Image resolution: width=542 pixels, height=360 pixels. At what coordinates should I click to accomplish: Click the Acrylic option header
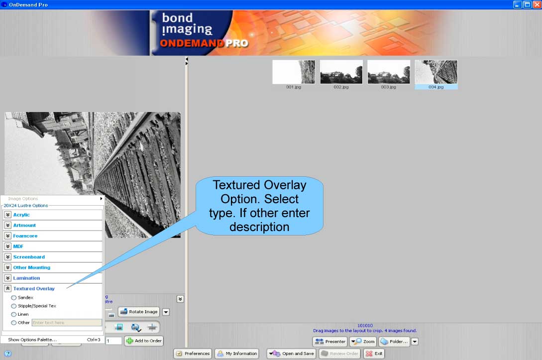pos(21,215)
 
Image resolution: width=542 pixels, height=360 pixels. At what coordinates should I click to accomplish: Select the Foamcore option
pos(25,236)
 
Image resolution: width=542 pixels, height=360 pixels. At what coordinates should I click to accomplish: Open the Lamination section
pos(26,278)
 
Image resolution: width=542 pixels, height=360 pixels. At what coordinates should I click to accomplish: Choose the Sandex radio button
pos(14,298)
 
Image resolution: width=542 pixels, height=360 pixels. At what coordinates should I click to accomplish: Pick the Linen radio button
pos(14,315)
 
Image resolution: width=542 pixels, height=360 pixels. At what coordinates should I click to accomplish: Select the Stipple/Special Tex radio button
pos(14,306)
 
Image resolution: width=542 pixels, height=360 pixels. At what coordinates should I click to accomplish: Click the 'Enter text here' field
pos(66,323)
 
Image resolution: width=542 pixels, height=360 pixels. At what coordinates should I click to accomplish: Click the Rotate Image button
pos(138,312)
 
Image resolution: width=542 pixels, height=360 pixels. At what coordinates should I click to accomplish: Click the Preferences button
pos(193,354)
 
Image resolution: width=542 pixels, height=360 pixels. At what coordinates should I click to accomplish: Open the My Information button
pos(236,354)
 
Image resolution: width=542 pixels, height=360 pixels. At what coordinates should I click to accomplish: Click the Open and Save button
pos(292,354)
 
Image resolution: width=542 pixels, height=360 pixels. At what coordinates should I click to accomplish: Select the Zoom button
pos(363,342)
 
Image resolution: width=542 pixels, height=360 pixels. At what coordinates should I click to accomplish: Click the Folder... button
pos(394,342)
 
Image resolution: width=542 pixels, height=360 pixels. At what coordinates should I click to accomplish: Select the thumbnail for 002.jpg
pos(341,72)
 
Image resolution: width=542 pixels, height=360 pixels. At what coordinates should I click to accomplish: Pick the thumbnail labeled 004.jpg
pos(436,72)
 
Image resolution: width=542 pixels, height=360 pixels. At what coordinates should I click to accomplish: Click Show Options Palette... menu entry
pos(32,340)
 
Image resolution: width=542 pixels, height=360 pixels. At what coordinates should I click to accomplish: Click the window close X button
pos(536,4)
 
